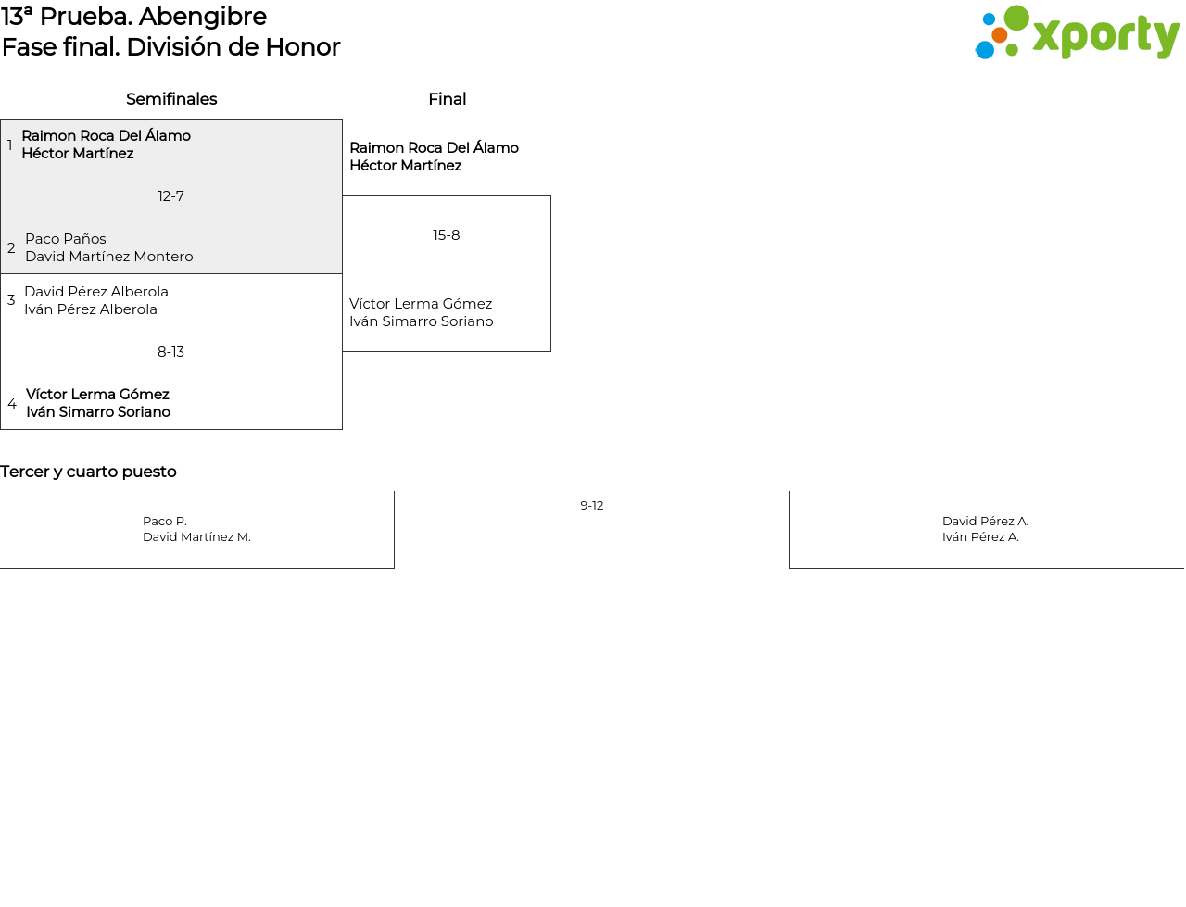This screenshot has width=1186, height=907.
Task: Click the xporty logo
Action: [x=1077, y=32]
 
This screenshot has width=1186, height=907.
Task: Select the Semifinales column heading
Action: [x=171, y=99]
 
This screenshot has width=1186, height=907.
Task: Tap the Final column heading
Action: [x=448, y=99]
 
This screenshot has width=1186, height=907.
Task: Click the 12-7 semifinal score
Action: [x=170, y=196]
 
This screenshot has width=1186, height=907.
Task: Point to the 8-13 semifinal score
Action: [x=170, y=352]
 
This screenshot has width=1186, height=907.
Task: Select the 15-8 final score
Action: [x=447, y=235]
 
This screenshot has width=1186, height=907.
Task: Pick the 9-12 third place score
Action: [x=592, y=506]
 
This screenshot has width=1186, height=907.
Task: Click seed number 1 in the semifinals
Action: [x=9, y=145]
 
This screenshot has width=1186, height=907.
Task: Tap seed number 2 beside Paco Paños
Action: [x=11, y=248]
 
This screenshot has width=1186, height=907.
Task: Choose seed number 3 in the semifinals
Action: [x=11, y=300]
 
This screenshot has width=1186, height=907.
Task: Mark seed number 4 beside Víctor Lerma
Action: [x=12, y=404]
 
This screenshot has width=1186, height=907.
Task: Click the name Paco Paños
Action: [x=66, y=239]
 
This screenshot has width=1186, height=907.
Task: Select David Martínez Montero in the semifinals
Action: [x=109, y=257]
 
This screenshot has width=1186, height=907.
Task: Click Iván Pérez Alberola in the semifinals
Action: [x=91, y=309]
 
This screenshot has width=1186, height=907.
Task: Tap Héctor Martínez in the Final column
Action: [x=406, y=166]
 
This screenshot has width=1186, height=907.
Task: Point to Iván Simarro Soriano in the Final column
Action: [x=422, y=321]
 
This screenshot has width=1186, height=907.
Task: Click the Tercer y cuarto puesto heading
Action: [x=88, y=472]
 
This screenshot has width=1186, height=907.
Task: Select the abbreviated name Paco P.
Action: [x=165, y=522]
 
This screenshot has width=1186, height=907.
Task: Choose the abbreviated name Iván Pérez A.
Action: [x=980, y=537]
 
